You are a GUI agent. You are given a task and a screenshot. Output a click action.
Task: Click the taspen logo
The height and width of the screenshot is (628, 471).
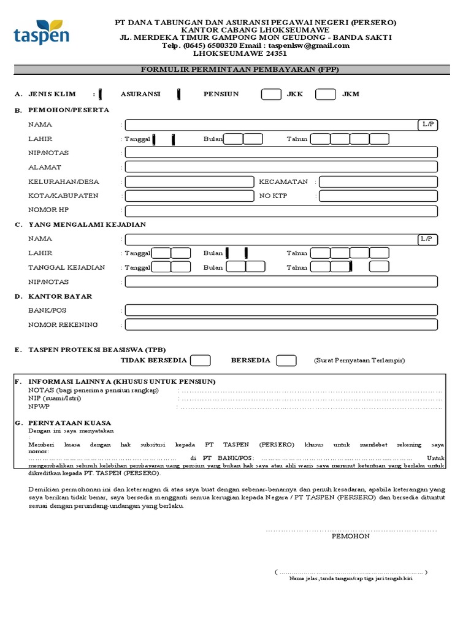click(41, 31)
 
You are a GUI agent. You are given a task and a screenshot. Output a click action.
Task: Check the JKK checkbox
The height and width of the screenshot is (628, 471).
click(271, 94)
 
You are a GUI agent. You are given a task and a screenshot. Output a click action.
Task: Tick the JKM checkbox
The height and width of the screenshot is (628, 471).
click(325, 94)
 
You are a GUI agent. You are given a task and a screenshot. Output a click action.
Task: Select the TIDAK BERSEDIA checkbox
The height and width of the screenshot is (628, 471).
click(201, 361)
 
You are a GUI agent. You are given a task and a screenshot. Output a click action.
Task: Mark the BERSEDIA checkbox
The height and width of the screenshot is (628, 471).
click(286, 361)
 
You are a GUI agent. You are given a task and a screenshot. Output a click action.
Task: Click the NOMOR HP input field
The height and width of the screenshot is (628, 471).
click(281, 210)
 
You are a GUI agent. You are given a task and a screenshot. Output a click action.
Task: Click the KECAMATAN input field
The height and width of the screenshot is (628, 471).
click(378, 182)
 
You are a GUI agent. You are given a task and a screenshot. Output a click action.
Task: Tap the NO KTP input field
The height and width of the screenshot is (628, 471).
click(378, 196)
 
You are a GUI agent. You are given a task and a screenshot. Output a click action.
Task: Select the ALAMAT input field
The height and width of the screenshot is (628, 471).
click(281, 167)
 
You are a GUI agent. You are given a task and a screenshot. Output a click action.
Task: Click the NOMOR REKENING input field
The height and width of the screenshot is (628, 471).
click(281, 325)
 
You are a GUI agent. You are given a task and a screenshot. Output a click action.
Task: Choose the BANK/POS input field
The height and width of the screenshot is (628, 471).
click(281, 310)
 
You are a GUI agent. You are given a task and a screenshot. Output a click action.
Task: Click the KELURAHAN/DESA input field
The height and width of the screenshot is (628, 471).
click(189, 182)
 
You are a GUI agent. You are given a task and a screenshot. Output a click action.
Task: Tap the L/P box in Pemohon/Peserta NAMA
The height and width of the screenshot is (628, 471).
click(427, 124)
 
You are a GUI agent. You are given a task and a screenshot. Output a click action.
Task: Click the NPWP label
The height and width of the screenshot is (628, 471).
click(37, 406)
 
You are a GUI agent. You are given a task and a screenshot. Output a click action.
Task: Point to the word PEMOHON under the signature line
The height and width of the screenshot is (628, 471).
click(350, 535)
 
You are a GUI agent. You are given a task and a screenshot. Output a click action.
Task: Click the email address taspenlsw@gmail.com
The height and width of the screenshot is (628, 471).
click(309, 45)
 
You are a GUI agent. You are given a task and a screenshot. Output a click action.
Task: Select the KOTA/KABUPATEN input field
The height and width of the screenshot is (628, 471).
click(189, 196)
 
